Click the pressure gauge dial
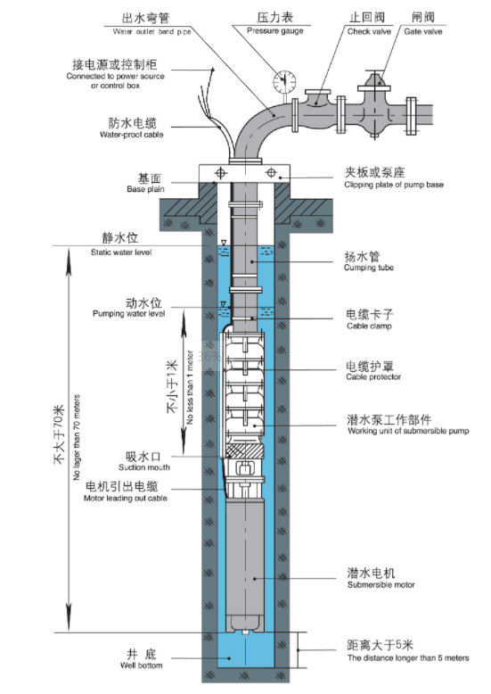point(284,82)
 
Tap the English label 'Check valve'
point(369,31)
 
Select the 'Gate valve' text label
point(423,31)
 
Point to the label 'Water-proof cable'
point(131,135)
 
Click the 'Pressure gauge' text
point(275,30)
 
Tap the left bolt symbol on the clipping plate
point(220,173)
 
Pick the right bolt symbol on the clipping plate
point(271,173)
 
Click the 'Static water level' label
point(121,252)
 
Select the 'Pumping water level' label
point(128,313)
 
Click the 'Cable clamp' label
point(369,326)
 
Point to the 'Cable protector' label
point(373,376)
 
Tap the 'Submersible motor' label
point(381,584)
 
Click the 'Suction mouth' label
point(143,467)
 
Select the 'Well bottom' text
point(141,665)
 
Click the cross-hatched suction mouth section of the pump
point(243,451)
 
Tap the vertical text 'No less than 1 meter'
point(190,388)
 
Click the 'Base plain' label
point(145,189)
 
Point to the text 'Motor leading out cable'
point(125,498)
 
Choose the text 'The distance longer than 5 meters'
point(408,657)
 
